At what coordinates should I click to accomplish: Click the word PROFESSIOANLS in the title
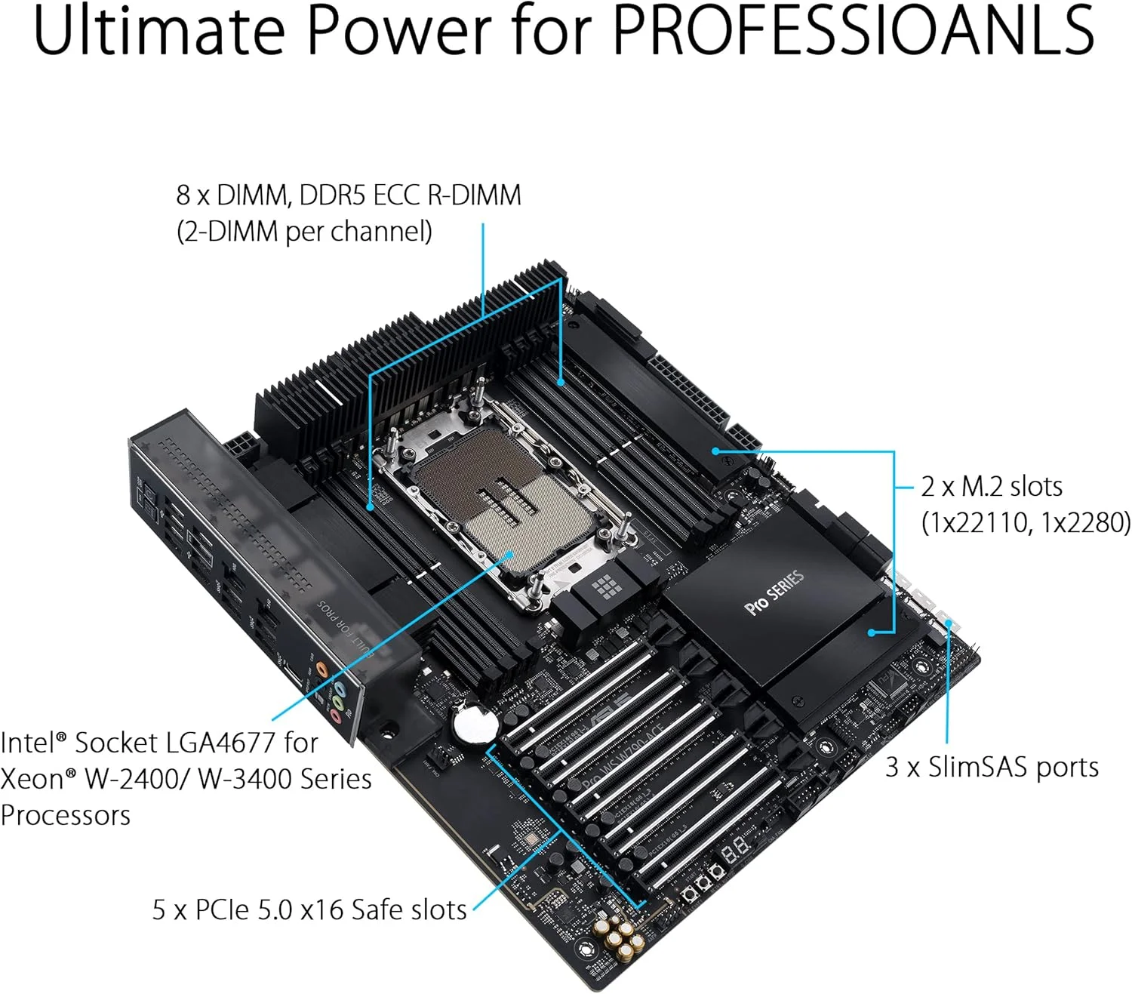(x=852, y=30)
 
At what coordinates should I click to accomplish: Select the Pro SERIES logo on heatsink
(x=774, y=593)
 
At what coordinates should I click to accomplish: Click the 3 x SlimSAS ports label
(x=992, y=767)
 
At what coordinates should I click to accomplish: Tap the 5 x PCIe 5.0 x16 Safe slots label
(x=309, y=909)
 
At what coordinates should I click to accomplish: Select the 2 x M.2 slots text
(x=992, y=487)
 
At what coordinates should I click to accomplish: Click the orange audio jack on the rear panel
(x=322, y=669)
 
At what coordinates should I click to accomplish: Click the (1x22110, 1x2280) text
(x=1026, y=522)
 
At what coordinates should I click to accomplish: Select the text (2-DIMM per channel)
(x=304, y=231)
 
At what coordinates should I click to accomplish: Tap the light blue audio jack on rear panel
(x=340, y=688)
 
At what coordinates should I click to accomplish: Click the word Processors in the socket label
(x=66, y=815)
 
